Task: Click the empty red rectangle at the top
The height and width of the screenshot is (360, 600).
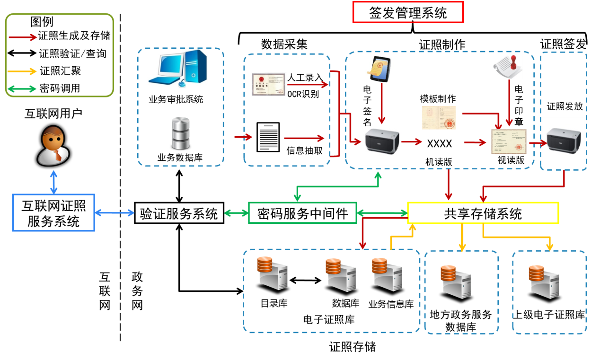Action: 408,12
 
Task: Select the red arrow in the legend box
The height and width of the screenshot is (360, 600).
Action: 23,37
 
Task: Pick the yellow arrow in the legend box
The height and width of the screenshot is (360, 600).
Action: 22,71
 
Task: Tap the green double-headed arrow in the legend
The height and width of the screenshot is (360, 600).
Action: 22,89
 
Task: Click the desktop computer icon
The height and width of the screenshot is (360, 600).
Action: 178,69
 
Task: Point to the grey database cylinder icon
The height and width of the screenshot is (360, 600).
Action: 181,133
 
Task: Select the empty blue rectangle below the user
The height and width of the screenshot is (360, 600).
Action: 53,212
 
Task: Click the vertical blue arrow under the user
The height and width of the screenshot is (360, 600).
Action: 54,183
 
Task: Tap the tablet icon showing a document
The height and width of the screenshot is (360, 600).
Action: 379,69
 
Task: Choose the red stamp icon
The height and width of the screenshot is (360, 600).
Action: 508,65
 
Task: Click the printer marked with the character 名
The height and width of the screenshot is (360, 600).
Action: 382,141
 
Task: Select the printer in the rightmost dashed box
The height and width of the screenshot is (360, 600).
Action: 564,141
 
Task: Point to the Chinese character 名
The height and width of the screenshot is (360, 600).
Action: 367,122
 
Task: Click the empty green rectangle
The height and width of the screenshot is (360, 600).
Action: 302,212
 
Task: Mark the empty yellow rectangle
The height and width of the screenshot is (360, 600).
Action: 483,213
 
